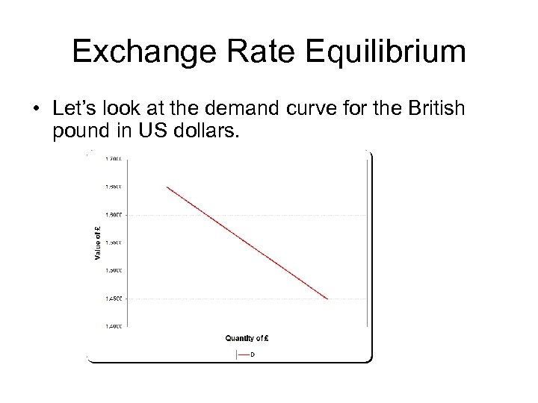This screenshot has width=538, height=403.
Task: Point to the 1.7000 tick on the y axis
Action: [x=115, y=158]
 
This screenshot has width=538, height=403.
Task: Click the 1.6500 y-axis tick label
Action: [x=115, y=187]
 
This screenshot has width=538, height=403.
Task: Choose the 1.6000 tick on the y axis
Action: [x=115, y=214]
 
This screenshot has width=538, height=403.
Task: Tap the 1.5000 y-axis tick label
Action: [x=115, y=270]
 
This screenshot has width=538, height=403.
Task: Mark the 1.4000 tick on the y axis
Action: [x=115, y=326]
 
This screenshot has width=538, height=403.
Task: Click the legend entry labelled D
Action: [x=252, y=354]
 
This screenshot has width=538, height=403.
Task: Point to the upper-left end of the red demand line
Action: [x=167, y=187]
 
